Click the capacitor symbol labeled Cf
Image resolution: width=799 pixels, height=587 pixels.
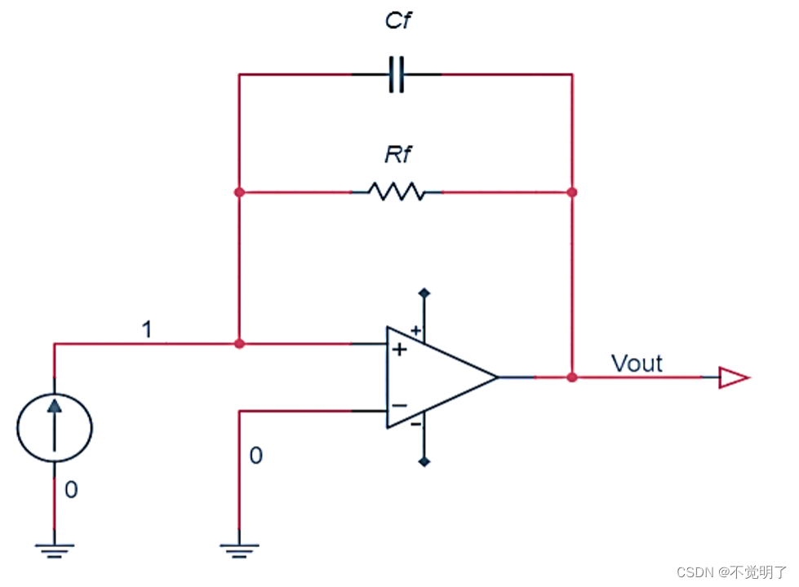coord(396,75)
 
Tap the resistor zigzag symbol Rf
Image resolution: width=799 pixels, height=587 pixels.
coord(396,192)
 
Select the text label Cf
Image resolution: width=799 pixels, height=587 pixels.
coord(397,20)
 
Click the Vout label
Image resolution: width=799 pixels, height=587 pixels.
coord(637,363)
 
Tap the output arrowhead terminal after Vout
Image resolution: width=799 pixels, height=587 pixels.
coord(732,377)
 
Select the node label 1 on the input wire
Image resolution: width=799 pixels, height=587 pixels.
coord(147,329)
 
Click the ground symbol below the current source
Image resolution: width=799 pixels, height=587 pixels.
coord(55,550)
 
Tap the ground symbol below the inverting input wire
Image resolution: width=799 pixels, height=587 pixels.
coord(238,550)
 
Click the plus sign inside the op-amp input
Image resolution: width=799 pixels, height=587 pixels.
coord(400,350)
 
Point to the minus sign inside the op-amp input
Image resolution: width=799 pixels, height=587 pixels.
coord(400,405)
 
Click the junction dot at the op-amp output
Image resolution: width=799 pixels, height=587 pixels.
coord(572,377)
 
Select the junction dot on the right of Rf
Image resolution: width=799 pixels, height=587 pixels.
coord(572,192)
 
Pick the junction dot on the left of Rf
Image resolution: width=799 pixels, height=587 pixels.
coord(238,192)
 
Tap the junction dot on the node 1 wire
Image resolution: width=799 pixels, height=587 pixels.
coord(238,344)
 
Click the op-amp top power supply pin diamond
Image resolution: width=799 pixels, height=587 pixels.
coord(424,292)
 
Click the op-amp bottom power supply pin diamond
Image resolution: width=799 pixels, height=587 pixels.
coord(424,462)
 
